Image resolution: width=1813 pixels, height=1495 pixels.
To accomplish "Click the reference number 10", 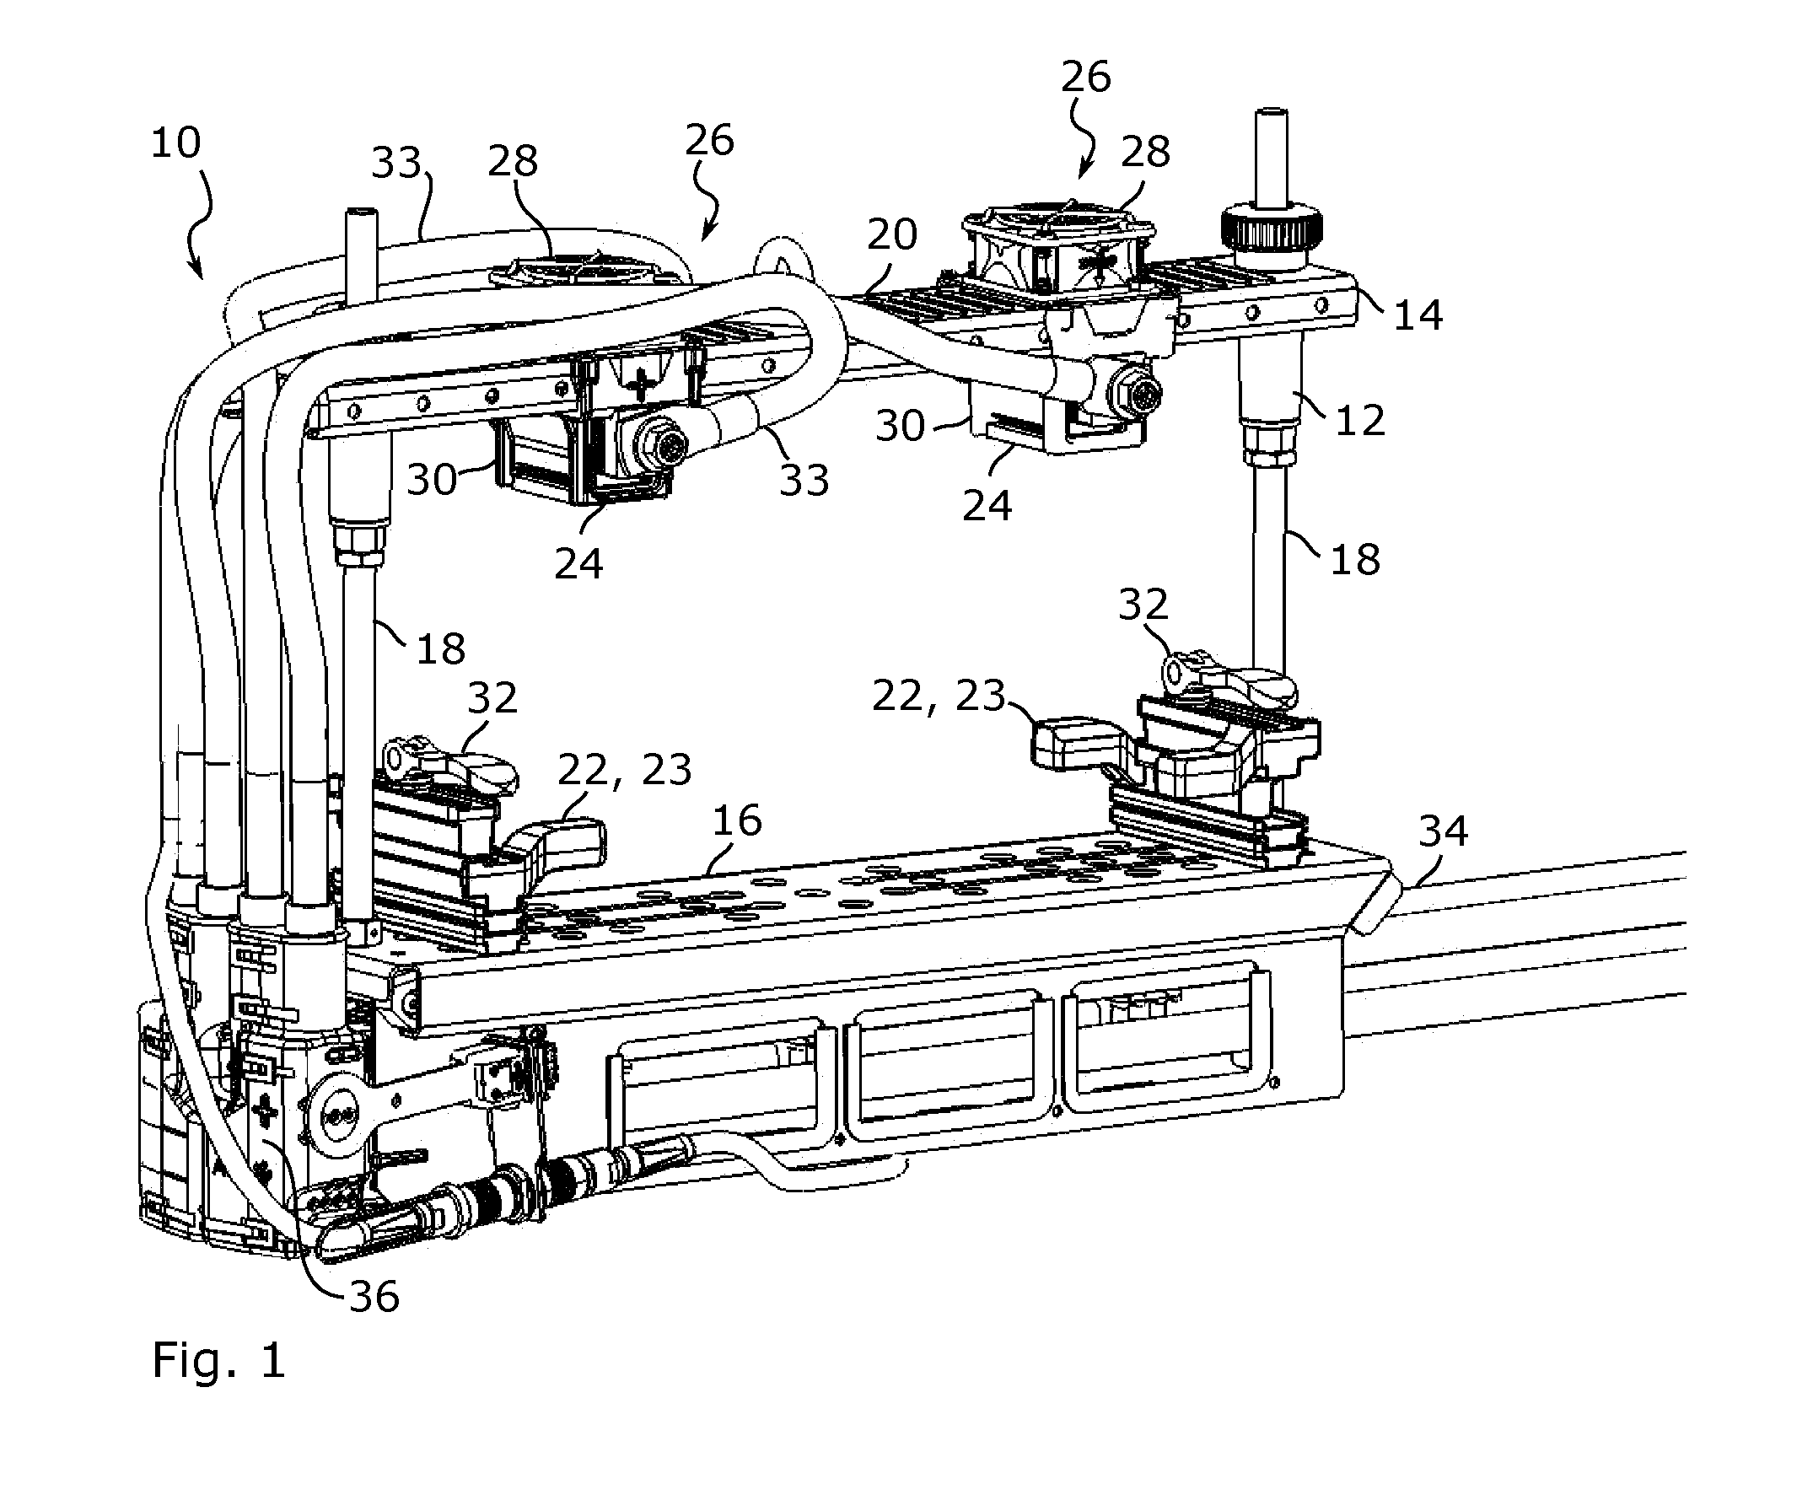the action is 175,143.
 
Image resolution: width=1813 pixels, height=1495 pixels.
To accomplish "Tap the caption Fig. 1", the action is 218,1361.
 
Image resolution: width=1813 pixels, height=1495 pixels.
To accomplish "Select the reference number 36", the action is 374,1296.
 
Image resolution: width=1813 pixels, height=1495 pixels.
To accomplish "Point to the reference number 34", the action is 1444,831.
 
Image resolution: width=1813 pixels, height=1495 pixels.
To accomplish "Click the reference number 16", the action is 737,820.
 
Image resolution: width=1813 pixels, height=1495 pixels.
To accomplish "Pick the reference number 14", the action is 1418,316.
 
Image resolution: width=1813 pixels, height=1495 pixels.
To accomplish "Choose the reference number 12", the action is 1360,420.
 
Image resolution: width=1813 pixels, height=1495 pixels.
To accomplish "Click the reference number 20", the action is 892,234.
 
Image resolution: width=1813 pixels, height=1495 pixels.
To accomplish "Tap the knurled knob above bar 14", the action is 1272,229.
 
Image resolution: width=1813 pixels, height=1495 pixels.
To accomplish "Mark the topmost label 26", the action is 1086,78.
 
